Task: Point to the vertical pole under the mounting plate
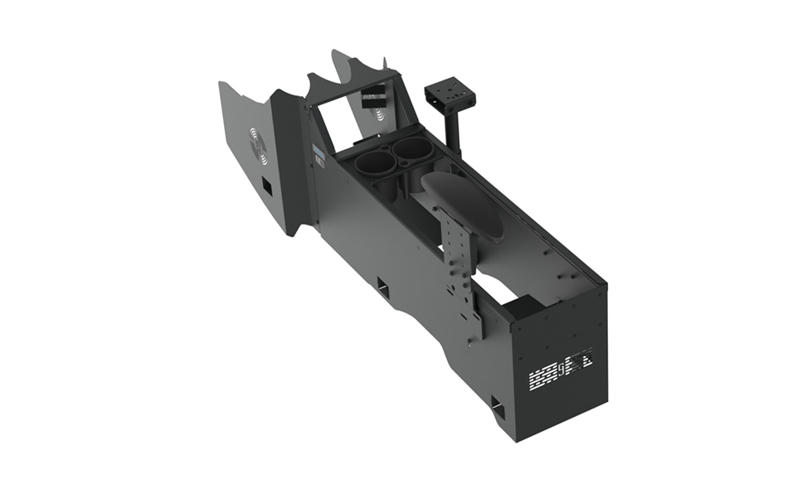455,133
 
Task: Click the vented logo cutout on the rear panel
562,369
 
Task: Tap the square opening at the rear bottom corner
498,407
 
